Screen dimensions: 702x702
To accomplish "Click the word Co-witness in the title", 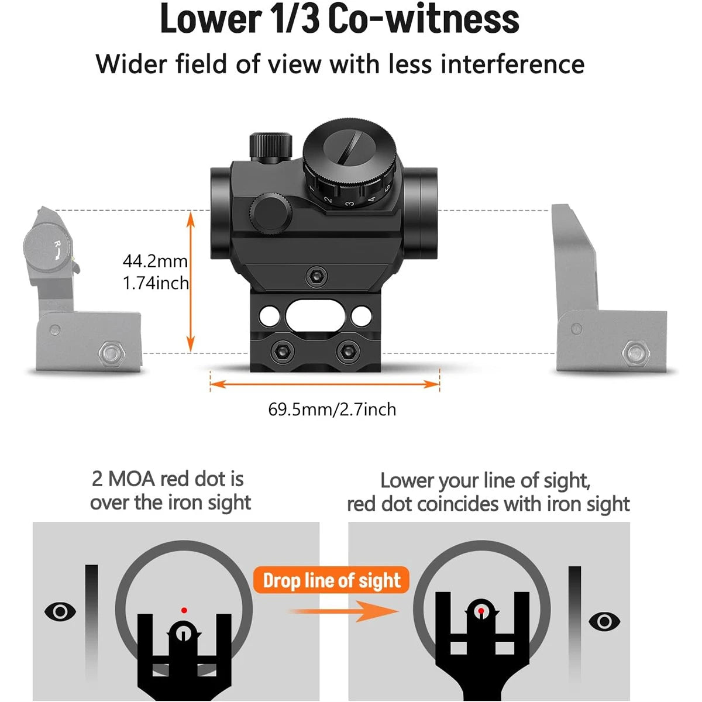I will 423,19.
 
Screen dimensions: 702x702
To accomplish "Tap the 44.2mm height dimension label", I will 155,261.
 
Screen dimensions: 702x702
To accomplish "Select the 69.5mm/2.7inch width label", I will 332,409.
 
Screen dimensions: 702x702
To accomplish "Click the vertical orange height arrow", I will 190,281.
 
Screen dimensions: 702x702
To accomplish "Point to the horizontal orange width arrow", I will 325,384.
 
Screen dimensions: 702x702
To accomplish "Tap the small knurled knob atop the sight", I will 270,146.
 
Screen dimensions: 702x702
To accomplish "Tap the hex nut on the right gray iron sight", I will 634,352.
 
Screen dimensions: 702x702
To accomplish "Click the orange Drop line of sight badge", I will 332,581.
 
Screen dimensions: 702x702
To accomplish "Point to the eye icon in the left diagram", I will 60,612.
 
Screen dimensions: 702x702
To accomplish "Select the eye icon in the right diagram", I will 604,621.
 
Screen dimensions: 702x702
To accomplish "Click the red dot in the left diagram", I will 184,610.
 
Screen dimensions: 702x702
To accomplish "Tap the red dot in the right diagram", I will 481,611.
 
